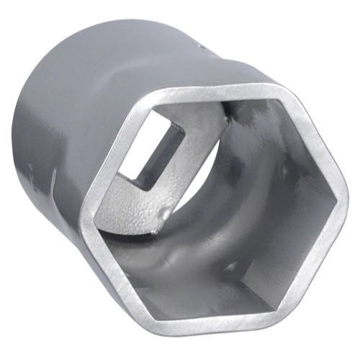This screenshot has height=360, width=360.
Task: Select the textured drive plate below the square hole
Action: click(x=133, y=205)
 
